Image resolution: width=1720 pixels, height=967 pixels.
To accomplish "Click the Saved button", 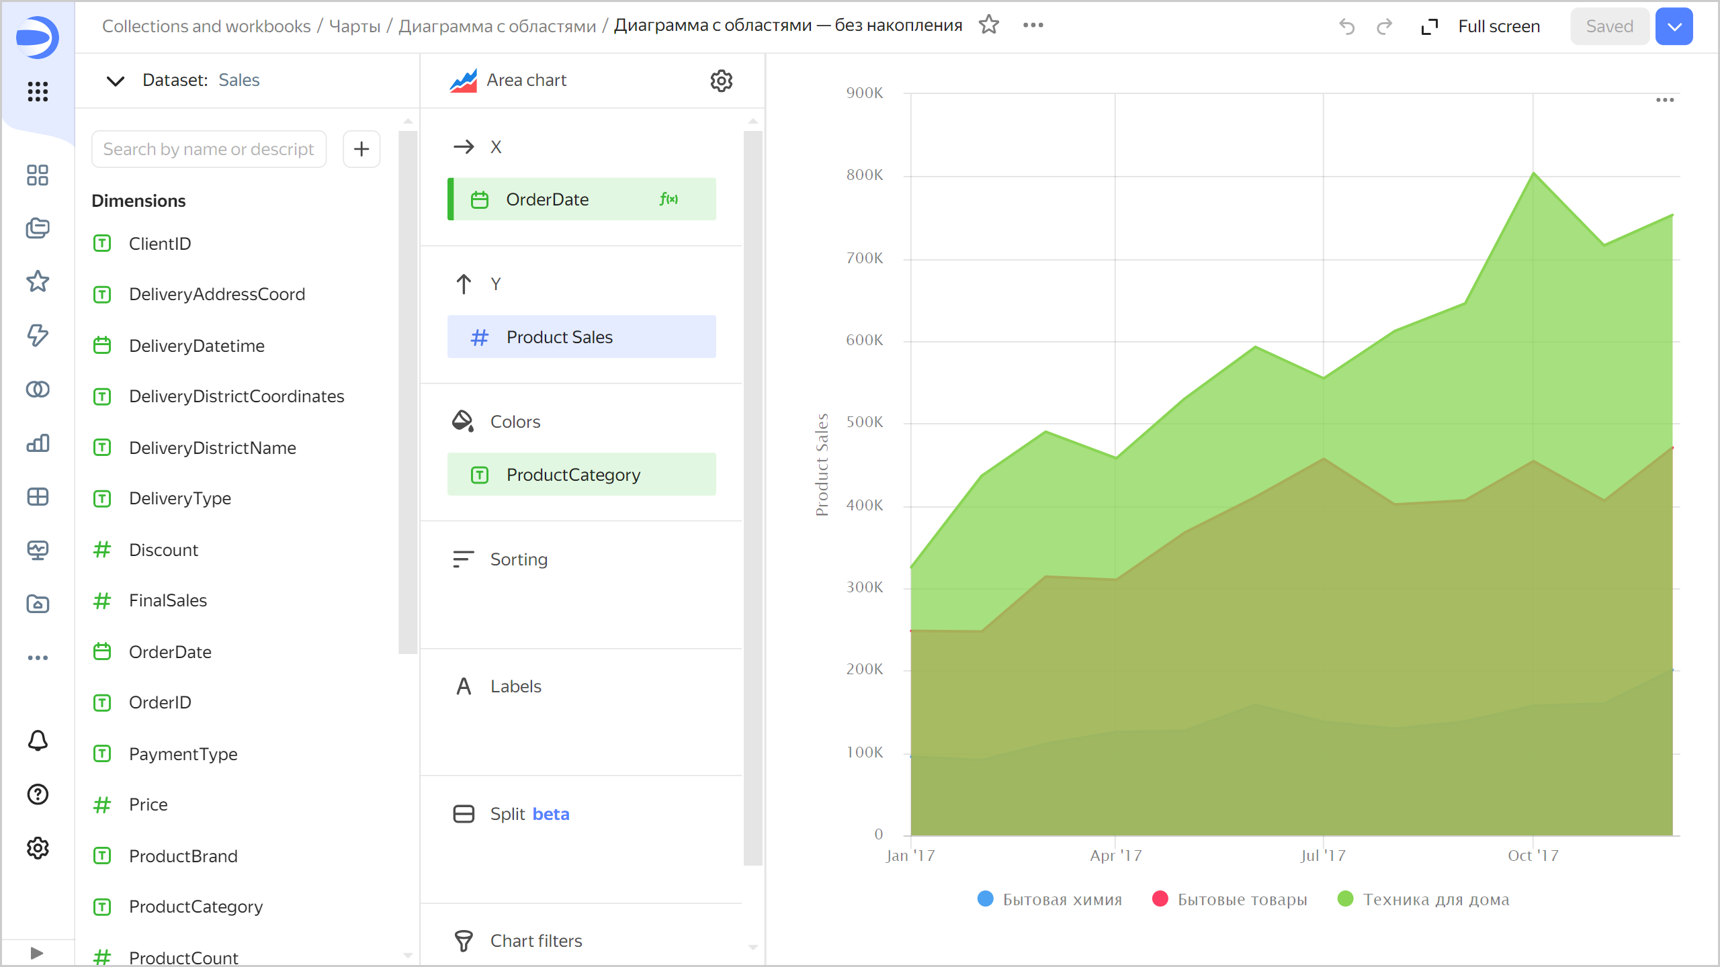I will [1608, 26].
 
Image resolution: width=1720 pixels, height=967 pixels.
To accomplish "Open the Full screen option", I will [1498, 26].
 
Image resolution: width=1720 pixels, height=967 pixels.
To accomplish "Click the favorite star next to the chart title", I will [989, 25].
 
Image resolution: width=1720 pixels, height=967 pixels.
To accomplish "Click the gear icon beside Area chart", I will [721, 81].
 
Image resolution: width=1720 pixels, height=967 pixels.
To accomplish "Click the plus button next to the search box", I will [361, 149].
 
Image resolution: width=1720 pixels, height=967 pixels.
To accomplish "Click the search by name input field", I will [208, 149].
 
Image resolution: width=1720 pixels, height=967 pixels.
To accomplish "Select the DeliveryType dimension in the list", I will [180, 498].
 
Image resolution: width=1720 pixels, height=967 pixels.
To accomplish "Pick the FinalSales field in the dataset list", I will [168, 600].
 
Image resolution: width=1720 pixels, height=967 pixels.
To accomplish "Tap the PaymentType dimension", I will [183, 754].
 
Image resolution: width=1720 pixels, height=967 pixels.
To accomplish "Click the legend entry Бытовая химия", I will [1062, 899].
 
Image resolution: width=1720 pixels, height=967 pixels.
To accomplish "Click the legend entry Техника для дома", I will [1435, 899].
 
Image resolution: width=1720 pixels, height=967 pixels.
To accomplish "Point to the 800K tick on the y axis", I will [865, 175].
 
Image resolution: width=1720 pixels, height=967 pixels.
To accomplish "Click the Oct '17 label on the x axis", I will [1533, 856].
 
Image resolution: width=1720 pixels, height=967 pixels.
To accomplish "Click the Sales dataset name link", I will [239, 80].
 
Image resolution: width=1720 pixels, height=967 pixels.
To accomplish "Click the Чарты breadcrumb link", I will [355, 26].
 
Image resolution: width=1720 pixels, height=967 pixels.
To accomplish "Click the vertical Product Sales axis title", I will [822, 465].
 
